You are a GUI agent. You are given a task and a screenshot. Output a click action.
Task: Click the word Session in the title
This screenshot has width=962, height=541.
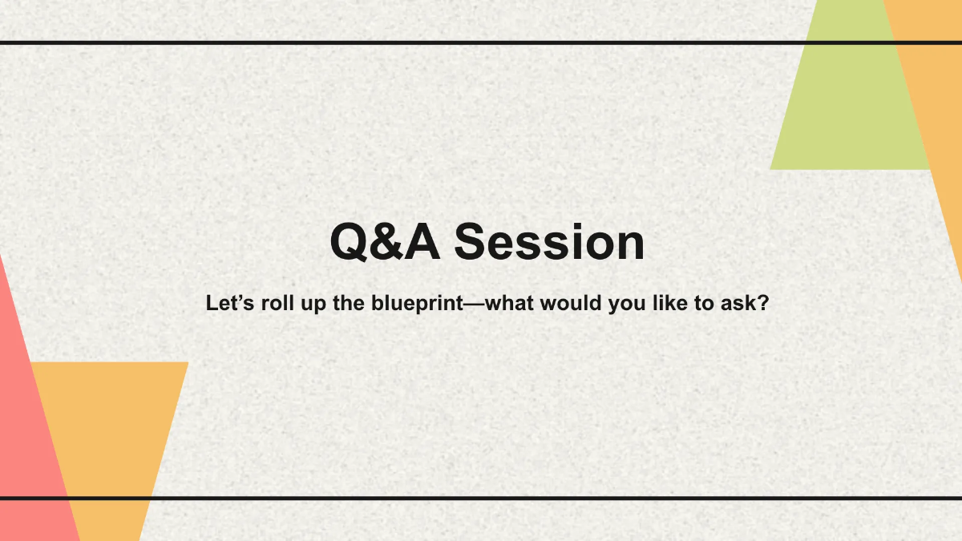(x=549, y=242)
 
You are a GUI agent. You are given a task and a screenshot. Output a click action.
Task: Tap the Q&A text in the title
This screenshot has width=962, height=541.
(x=386, y=242)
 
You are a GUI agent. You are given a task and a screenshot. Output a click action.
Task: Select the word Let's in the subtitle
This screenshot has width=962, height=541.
(x=230, y=303)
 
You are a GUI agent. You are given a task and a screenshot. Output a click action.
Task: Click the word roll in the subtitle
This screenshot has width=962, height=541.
(x=277, y=303)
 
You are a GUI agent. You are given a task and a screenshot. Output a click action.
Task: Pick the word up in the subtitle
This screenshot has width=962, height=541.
(x=313, y=305)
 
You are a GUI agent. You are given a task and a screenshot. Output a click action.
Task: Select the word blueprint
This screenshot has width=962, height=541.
(x=418, y=305)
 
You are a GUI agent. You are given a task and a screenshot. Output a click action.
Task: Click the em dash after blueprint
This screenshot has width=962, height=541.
(x=474, y=305)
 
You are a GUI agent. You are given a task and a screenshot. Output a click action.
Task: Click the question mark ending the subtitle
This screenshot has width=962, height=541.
(x=762, y=303)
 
